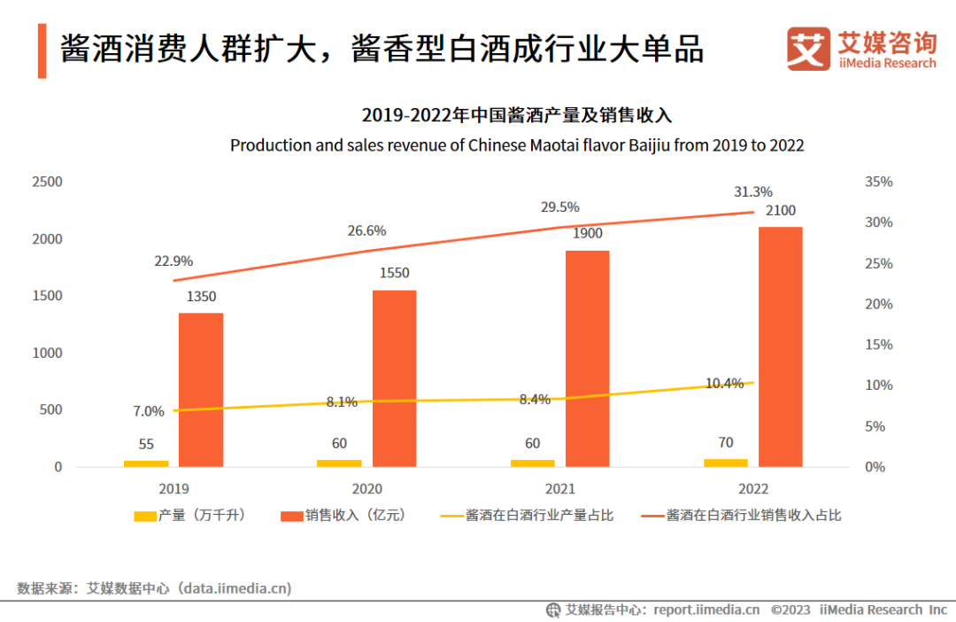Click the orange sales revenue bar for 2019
201,389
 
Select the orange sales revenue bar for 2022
780,346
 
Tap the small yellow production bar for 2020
339,463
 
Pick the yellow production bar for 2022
725,462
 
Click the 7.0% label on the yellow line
149,411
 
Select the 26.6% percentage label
366,231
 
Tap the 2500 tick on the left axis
47,182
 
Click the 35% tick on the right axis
879,182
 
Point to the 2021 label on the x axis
560,488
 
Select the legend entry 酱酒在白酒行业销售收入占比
753,515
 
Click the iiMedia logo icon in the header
809,50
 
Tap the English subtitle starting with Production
517,145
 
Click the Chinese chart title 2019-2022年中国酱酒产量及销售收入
517,116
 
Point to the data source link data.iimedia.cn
235,587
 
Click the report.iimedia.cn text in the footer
706,610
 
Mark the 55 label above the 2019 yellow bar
145,444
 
